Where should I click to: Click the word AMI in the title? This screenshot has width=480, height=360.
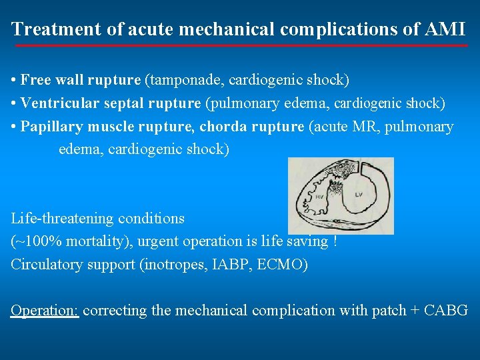(444, 29)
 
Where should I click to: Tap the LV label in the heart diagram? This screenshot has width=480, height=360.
(359, 194)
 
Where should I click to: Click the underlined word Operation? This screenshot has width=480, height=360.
(45, 310)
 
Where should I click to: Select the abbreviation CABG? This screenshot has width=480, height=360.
(445, 310)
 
